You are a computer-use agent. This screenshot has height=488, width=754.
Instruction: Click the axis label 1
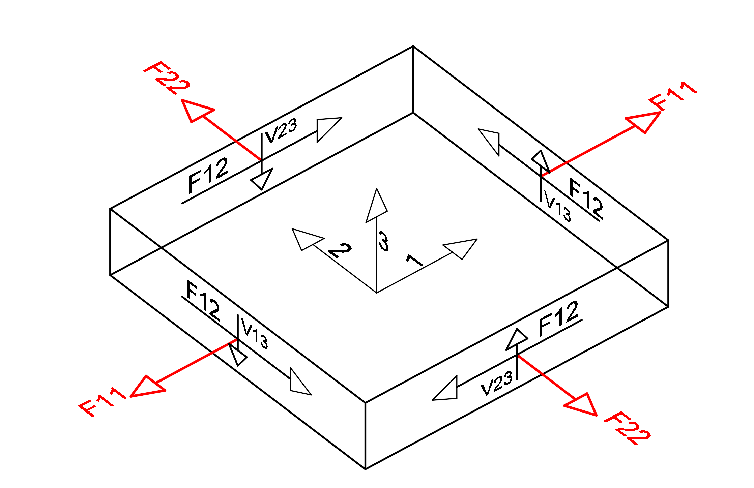(414, 260)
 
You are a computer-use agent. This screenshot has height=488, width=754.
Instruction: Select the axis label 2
(340, 250)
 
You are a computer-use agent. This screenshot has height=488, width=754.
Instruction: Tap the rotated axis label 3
(383, 241)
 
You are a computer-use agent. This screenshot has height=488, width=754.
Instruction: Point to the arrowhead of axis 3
(376, 206)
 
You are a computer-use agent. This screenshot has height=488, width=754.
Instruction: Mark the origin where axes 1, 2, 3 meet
(377, 293)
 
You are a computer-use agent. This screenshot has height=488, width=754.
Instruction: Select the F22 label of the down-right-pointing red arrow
(627, 428)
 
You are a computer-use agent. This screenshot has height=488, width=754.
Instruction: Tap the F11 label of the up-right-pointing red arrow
(673, 96)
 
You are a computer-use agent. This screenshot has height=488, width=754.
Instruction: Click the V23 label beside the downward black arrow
(281, 131)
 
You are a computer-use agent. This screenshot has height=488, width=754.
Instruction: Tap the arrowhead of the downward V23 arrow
(262, 179)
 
